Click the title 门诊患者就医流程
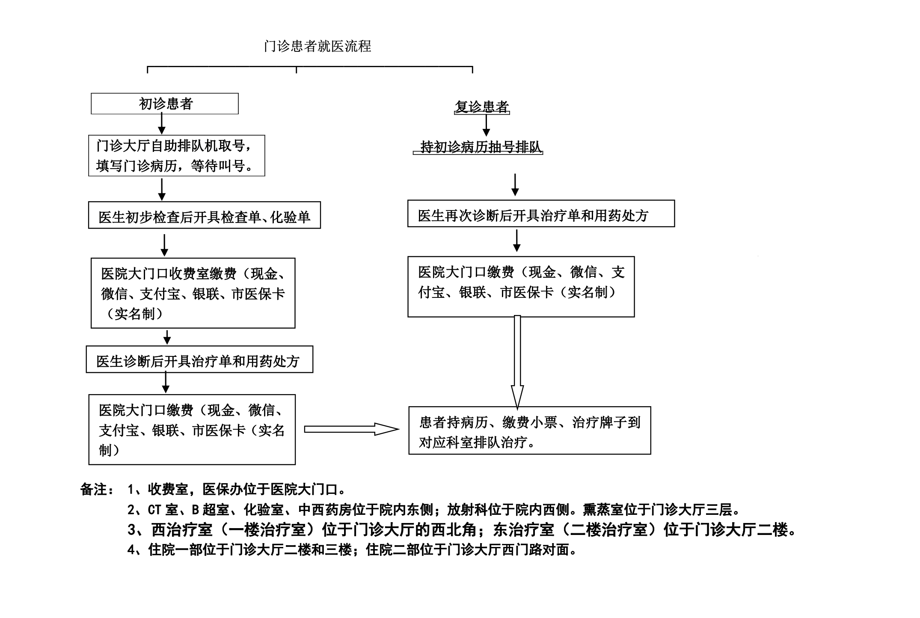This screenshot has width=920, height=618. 318,46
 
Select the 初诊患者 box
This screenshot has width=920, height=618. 165,104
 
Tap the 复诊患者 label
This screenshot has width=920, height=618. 482,107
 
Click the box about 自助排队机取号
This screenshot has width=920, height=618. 177,156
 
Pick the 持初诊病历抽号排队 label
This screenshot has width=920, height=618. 478,147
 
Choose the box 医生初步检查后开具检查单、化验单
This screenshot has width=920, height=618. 205,215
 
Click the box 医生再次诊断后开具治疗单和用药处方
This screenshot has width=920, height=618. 541,214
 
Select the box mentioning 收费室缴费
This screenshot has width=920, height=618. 193,293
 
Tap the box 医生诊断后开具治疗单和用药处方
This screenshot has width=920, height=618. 199,360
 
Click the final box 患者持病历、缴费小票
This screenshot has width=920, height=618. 530,431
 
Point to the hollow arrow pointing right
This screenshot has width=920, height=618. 352,429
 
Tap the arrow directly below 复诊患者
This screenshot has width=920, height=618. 486,126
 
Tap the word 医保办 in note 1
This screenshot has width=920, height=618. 223,489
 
